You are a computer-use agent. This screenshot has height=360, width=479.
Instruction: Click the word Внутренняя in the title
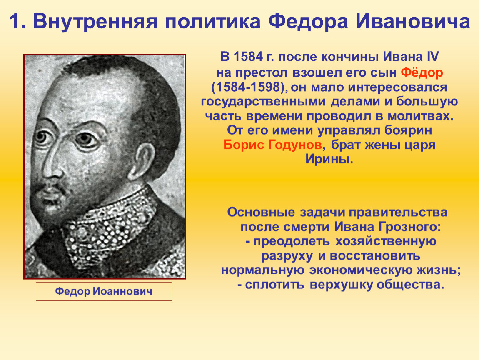click(x=95, y=22)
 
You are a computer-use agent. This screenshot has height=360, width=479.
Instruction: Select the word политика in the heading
click(x=213, y=22)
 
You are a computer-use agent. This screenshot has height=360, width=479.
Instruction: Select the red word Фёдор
click(x=422, y=73)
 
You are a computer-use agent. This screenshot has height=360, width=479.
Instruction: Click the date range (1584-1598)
click(x=249, y=87)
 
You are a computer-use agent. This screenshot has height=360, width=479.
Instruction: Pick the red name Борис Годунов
click(x=272, y=145)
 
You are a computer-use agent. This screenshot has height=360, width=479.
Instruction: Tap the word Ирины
click(x=329, y=159)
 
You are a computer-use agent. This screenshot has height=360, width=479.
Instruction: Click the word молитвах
click(x=421, y=116)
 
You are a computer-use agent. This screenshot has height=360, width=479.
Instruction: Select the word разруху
click(x=287, y=256)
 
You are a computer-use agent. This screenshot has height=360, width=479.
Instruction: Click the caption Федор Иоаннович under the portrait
click(x=104, y=291)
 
